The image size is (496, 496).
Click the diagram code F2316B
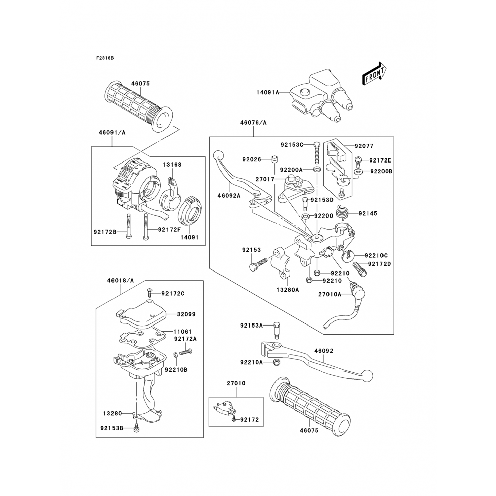[105, 58]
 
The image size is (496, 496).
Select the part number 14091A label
[268, 93]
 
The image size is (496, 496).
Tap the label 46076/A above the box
[253, 123]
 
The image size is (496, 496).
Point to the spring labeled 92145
[342, 212]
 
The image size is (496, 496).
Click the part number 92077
[364, 146]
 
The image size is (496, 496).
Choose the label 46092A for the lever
[228, 195]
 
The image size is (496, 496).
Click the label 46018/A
[120, 280]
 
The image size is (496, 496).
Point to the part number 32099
[186, 314]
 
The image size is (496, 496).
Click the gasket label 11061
[183, 331]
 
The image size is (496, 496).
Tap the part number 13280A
[288, 290]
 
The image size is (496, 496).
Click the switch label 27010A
[330, 294]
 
